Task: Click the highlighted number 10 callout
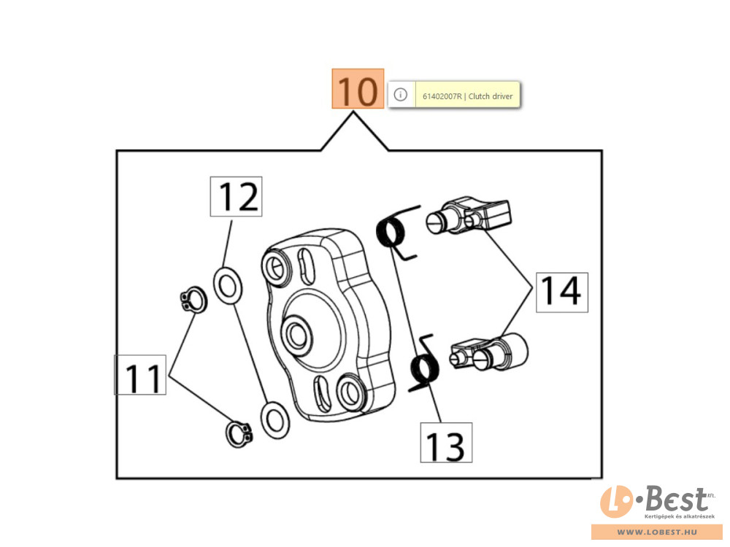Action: point(358,89)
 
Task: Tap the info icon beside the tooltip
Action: point(400,95)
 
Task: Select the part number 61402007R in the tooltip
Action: point(442,96)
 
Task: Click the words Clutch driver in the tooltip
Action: point(491,96)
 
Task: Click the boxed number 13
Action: point(445,443)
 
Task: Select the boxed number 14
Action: point(562,292)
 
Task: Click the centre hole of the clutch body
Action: point(297,333)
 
